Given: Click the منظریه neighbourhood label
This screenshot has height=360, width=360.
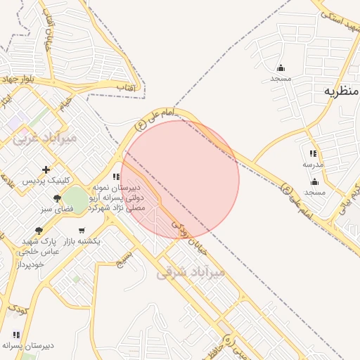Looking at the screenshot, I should (x=342, y=91).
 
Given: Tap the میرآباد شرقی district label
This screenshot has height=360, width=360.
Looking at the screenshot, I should (x=191, y=271).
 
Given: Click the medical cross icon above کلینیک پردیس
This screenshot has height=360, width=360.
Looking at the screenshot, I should (x=46, y=169).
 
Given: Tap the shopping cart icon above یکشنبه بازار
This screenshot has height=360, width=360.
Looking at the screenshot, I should (x=82, y=231).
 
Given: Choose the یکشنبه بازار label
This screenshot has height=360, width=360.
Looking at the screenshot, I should (x=82, y=241).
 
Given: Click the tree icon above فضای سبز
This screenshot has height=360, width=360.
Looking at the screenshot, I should (x=57, y=199).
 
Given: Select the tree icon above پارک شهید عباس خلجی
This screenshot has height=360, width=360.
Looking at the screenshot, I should (x=39, y=230).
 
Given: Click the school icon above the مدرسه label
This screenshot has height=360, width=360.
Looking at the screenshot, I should (x=313, y=153).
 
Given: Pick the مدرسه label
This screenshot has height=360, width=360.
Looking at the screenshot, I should (x=313, y=164).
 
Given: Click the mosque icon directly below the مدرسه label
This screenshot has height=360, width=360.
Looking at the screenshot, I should (x=314, y=181).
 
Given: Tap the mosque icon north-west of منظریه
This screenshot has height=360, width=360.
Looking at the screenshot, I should (x=281, y=68).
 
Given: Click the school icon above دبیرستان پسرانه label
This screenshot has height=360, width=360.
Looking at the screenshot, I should (x=16, y=335).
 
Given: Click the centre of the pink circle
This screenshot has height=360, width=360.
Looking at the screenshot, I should (x=181, y=179).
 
